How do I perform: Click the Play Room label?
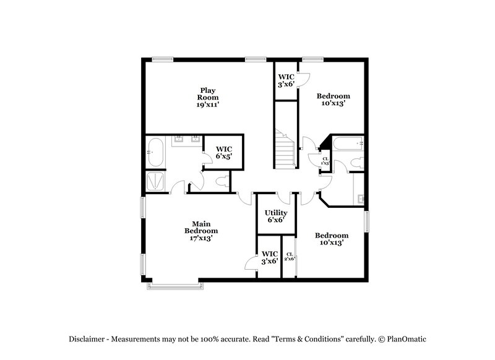point(208,97)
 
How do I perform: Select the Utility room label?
point(275,216)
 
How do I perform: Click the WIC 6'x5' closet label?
point(223,153)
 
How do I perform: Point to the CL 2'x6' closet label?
point(289,256)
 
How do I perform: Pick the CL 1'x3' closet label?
point(325,161)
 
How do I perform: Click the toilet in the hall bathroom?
point(355,163)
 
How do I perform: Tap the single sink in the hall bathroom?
point(360,199)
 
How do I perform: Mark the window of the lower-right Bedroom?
point(367,220)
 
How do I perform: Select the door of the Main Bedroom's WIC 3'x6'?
point(251,263)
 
